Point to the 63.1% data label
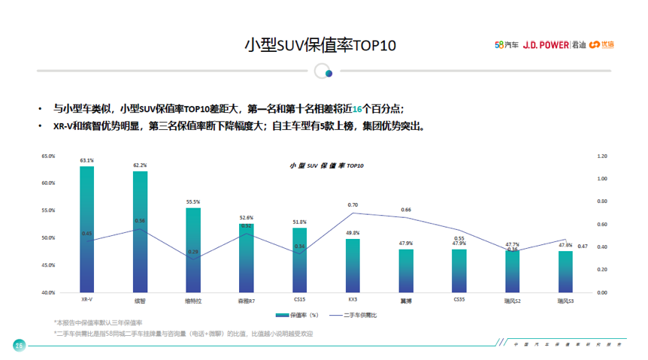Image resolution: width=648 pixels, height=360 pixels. pyautogui.click(x=87, y=160)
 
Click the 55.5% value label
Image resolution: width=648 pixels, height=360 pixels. pyautogui.click(x=193, y=202)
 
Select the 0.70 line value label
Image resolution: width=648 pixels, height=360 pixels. pyautogui.click(x=353, y=205)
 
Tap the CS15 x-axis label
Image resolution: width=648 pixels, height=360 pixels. pyautogui.click(x=299, y=299)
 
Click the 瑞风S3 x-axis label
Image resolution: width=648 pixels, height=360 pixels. pyautogui.click(x=565, y=300)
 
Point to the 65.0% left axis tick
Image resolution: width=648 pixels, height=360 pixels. pyautogui.click(x=49, y=156)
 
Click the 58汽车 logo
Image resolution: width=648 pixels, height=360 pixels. pyautogui.click(x=505, y=44)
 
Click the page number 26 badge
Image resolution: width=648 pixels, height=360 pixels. pyautogui.click(x=19, y=345)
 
